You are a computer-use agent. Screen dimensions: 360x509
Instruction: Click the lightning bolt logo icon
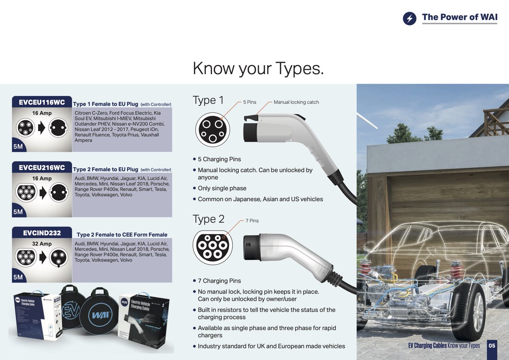click(x=410, y=18)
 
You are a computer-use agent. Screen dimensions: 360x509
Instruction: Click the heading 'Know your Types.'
click(x=258, y=68)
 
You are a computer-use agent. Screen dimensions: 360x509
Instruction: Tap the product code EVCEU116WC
click(x=42, y=102)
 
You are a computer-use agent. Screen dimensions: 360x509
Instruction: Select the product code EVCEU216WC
click(x=42, y=168)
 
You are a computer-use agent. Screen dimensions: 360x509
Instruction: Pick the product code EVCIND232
click(x=42, y=233)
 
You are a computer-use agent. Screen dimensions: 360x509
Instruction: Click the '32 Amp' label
click(x=42, y=244)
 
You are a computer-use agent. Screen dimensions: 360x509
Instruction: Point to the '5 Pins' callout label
click(x=250, y=102)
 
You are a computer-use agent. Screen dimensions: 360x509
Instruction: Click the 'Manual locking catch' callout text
click(x=296, y=102)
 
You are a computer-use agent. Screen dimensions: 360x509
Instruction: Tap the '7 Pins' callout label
click(x=252, y=221)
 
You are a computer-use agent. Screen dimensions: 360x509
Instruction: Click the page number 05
click(x=492, y=346)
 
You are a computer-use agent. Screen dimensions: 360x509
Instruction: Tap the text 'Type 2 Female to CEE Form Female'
click(x=122, y=235)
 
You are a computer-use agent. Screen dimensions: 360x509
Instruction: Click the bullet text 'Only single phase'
click(x=222, y=188)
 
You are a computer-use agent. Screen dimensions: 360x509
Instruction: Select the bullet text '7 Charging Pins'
click(x=219, y=281)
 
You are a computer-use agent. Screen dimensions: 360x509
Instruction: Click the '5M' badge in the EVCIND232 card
click(x=18, y=277)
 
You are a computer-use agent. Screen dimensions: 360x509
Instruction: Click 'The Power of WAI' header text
click(x=459, y=18)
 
